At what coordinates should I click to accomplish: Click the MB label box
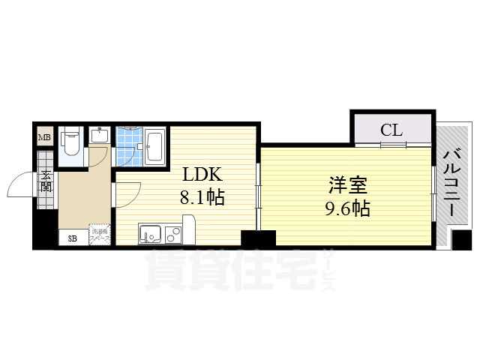point(45,138)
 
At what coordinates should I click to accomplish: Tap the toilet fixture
point(71,142)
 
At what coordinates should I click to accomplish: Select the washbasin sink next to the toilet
point(100,136)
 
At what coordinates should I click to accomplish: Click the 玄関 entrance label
point(46,183)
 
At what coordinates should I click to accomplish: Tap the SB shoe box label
point(73,238)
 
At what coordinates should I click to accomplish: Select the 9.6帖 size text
point(346,208)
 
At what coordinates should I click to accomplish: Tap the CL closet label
point(391,129)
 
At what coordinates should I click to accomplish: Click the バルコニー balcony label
point(452,184)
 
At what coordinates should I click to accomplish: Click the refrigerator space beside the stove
point(188,229)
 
